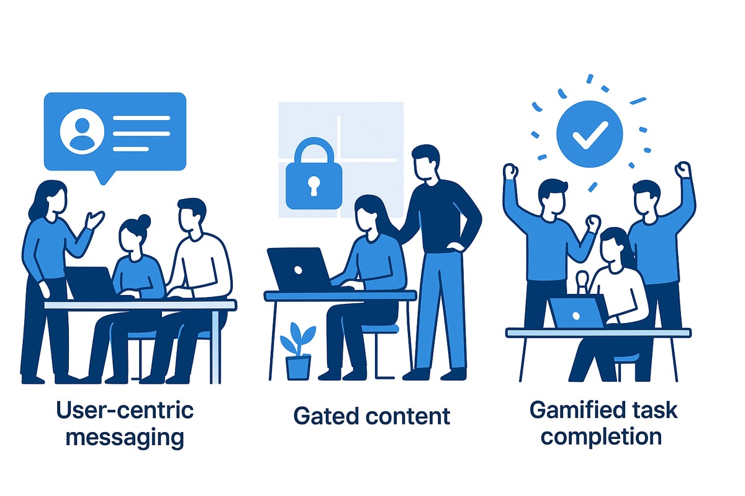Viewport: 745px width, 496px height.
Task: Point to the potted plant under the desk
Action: point(297,354)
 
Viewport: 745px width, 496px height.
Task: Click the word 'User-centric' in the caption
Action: point(124,410)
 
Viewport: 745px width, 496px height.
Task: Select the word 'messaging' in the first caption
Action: point(124,437)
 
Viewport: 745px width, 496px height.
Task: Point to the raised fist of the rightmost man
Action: point(683,169)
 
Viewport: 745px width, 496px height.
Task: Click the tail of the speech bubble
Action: point(106,177)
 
